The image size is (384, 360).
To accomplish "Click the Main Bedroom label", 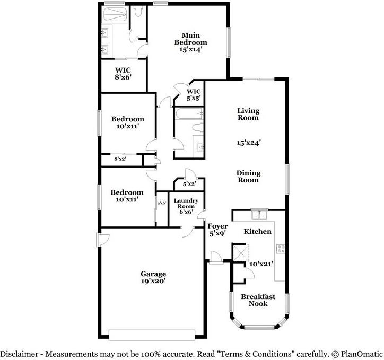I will point(191,39).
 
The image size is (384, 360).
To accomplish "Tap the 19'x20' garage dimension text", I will point(153,282).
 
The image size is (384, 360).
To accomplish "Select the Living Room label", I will point(248,114).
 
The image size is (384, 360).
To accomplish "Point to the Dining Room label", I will point(248,177).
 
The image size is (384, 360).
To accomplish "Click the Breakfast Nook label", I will point(258,300).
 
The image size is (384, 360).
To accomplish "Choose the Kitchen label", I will point(257,232).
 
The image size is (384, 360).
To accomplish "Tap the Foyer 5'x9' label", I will point(217,230).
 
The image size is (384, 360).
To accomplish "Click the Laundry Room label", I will point(186,204).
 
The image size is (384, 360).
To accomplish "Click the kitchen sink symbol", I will point(259,215).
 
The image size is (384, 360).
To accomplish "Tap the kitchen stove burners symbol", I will point(280,248).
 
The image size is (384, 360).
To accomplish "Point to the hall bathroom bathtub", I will point(189,113).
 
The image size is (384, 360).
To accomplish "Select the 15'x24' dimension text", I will point(248,143).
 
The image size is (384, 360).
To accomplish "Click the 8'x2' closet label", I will point(120,159).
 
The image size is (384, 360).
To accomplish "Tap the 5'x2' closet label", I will point(189,185).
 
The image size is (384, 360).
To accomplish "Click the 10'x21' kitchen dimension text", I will point(261,264).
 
